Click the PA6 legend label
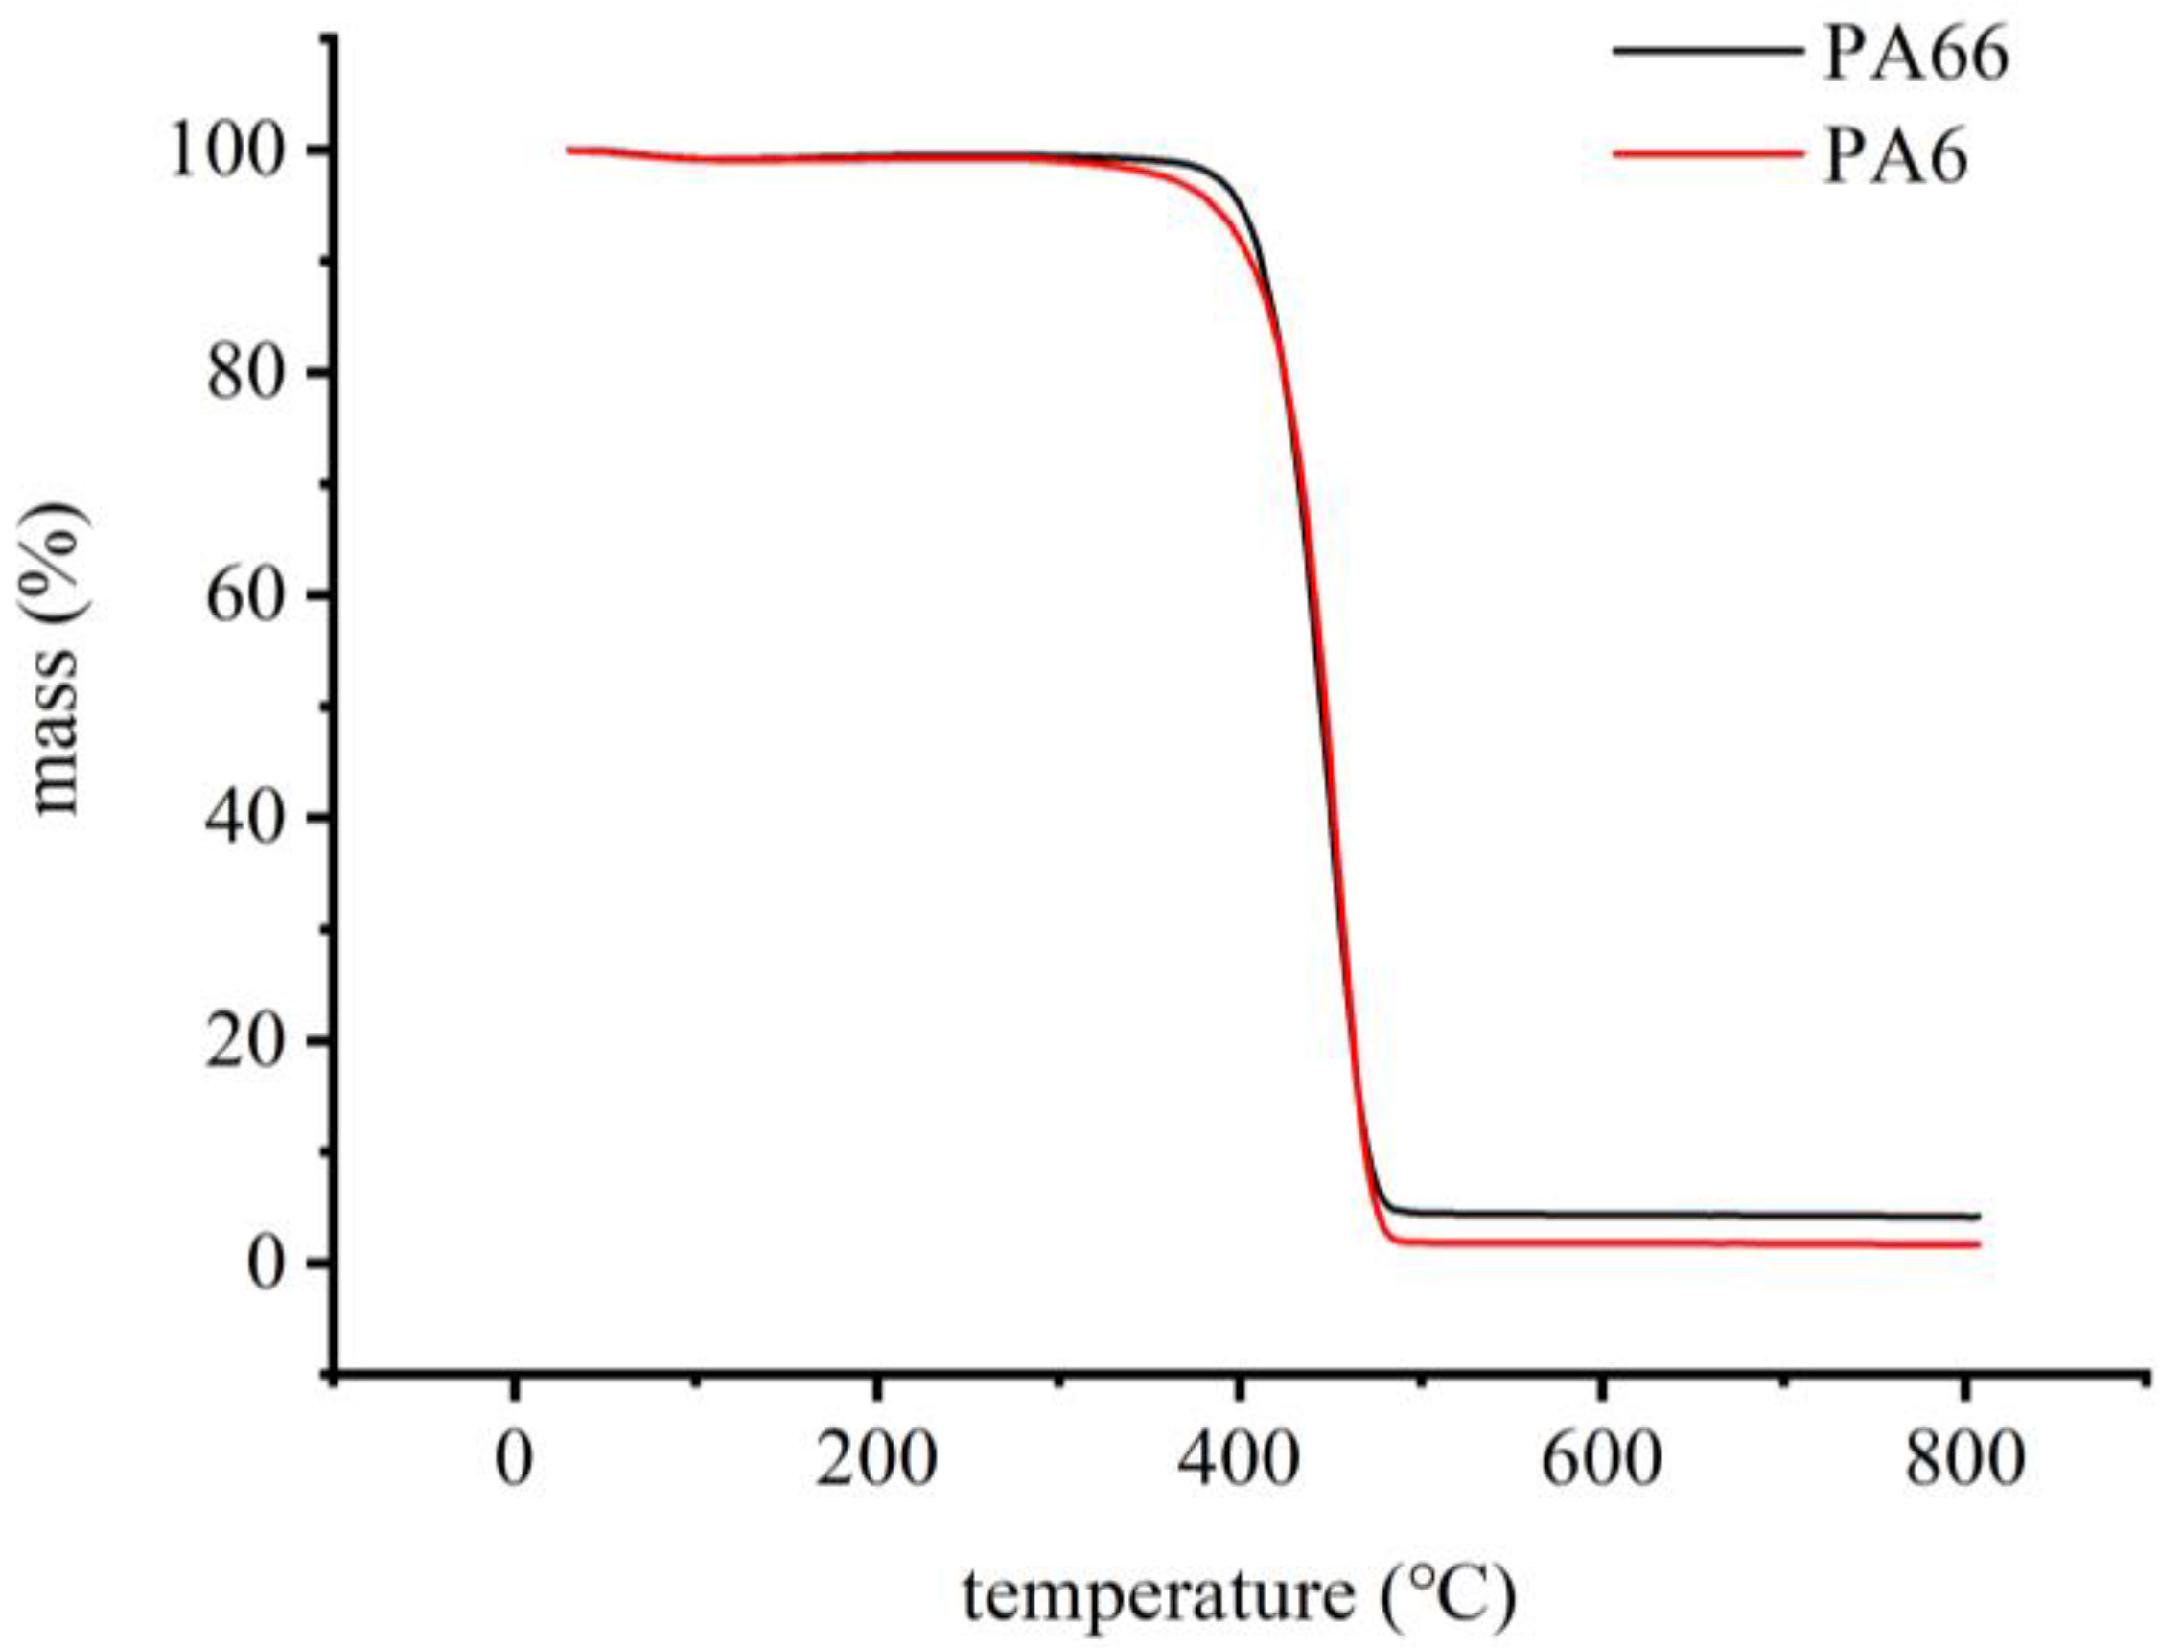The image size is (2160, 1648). pyautogui.click(x=1895, y=158)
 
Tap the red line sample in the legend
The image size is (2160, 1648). pyautogui.click(x=1707, y=152)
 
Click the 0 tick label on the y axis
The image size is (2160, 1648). pyautogui.click(x=272, y=1265)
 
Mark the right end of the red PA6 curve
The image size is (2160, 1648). pyautogui.click(x=1979, y=1244)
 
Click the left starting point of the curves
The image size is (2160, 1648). pyautogui.click(x=569, y=151)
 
